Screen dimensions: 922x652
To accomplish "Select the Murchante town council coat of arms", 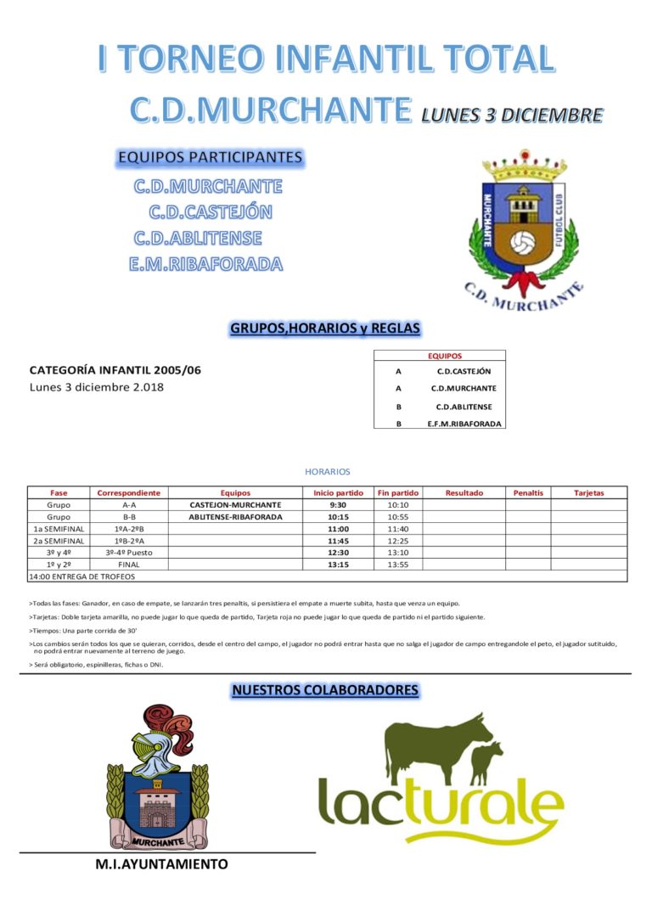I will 158,777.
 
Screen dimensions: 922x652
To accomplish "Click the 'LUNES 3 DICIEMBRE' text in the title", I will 511,115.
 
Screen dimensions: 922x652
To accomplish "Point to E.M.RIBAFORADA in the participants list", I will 205,264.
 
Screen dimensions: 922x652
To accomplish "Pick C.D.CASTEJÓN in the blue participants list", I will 211,212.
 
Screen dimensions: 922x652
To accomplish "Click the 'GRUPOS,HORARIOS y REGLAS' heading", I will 325,329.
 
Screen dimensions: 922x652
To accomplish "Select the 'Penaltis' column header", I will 528,492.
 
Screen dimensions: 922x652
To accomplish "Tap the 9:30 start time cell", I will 338,504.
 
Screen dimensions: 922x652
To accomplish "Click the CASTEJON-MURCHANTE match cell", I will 235,504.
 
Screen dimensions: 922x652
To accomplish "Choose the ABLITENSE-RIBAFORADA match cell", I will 235,516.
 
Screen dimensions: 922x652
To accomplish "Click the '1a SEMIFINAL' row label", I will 59,528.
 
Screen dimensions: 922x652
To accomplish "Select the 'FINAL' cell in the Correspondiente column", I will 129,564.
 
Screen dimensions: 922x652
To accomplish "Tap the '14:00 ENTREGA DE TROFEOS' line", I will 81,576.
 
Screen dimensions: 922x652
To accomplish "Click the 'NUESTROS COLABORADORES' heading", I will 325,690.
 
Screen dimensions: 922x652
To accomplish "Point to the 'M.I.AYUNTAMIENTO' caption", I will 161,864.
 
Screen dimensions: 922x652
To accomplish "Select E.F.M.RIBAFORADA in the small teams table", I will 464,423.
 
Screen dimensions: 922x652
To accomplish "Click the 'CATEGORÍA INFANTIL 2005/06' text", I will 115,370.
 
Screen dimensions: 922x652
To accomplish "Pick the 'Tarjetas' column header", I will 588,492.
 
